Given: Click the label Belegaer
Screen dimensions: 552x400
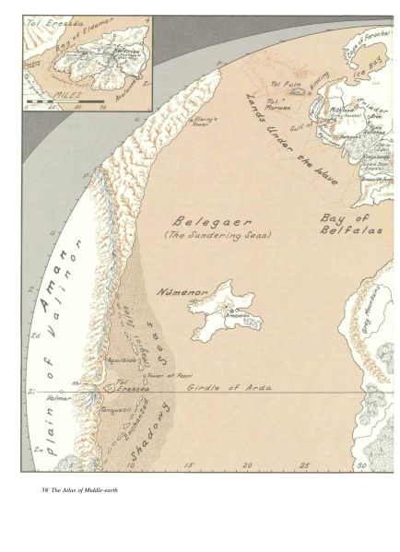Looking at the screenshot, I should click(202, 220).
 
